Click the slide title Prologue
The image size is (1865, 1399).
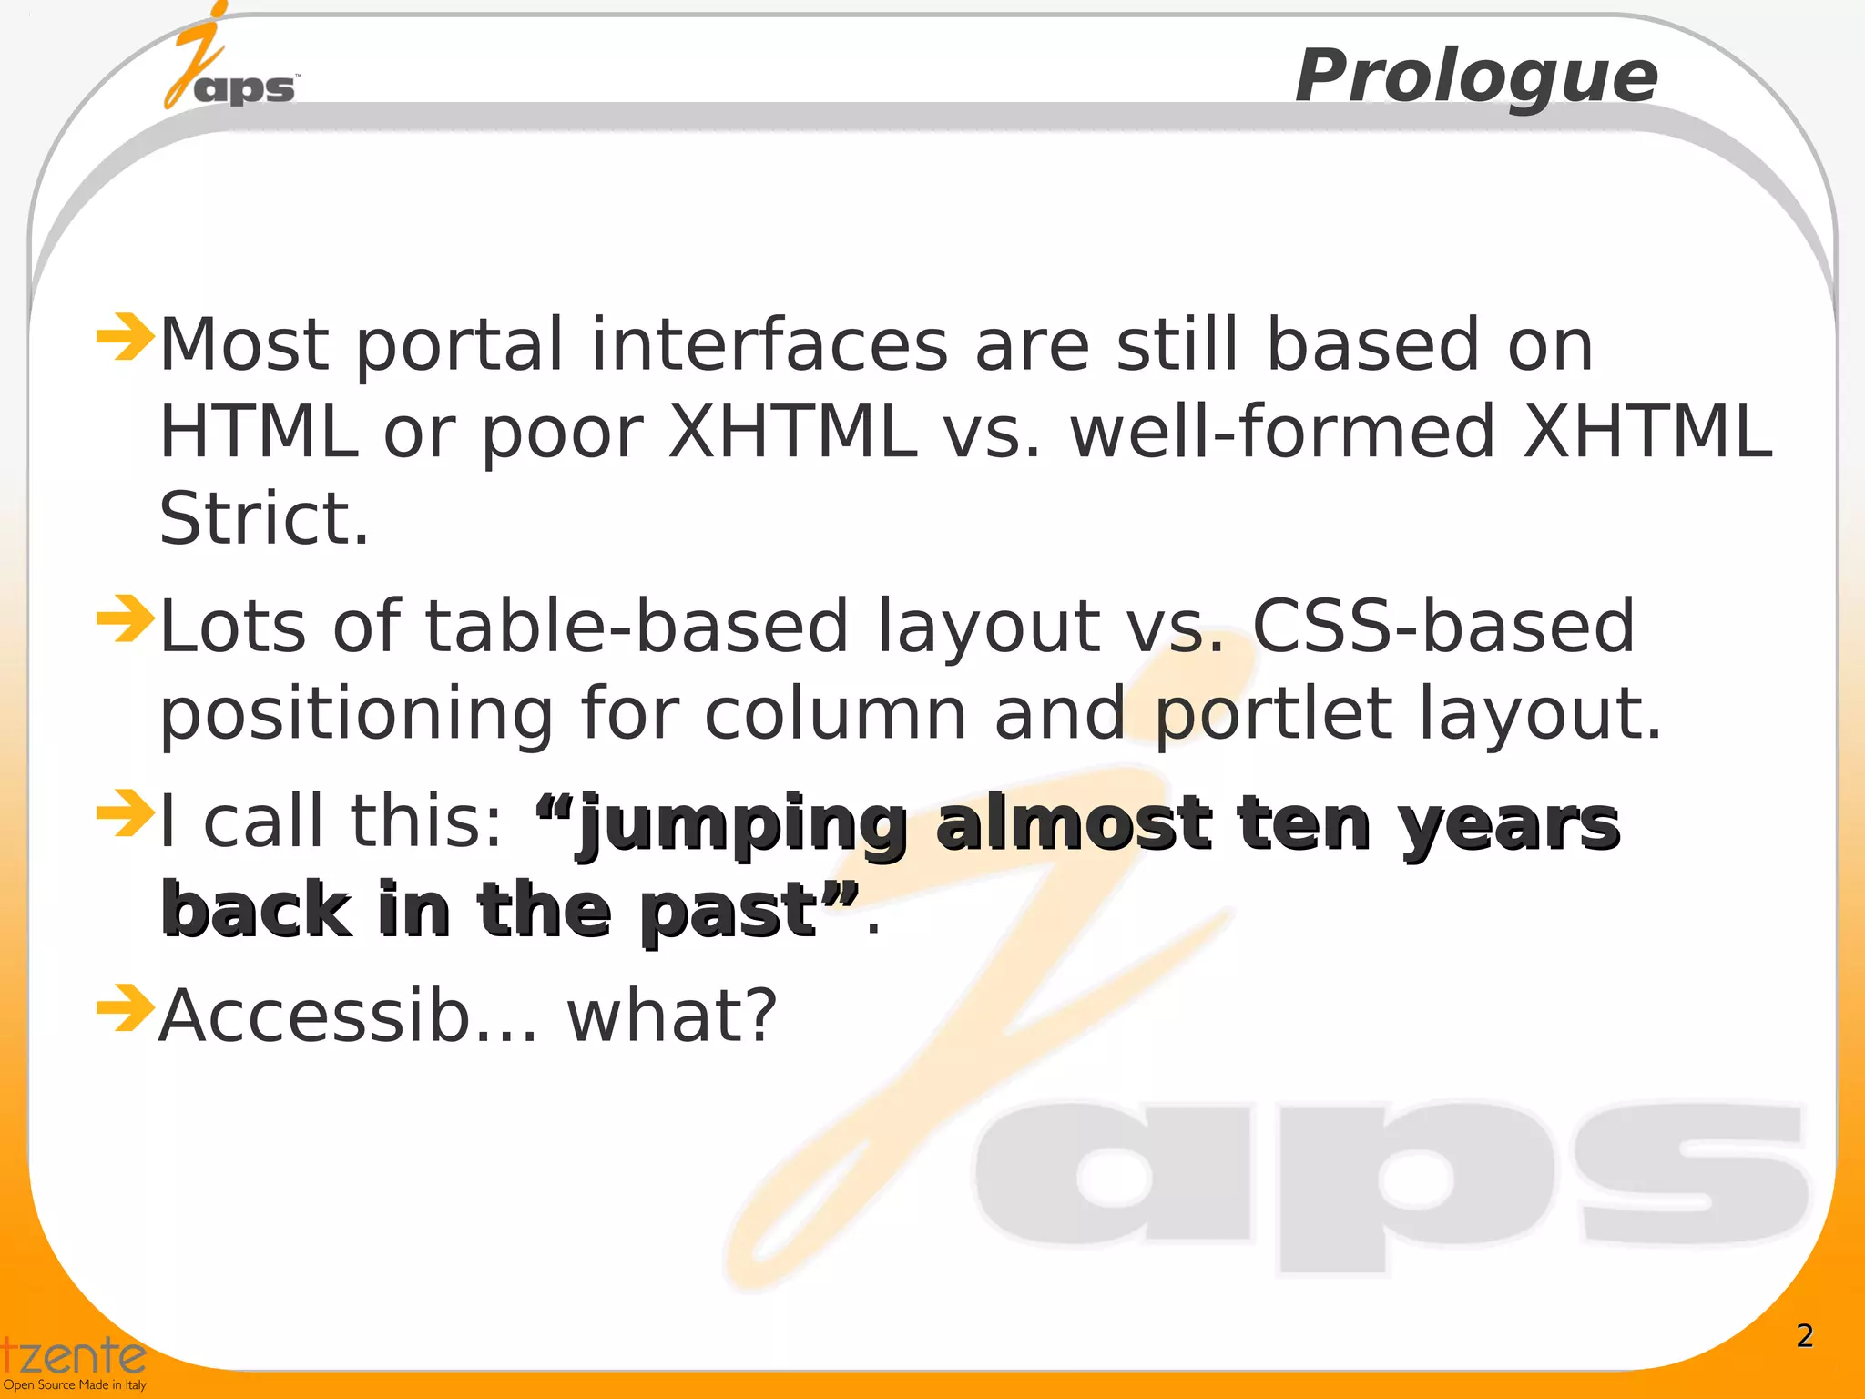coord(1476,77)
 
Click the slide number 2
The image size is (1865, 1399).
coord(1804,1335)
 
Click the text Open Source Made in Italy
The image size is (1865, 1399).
coord(75,1385)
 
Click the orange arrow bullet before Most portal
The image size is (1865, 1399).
coord(125,336)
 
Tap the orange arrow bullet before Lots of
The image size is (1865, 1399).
coord(125,618)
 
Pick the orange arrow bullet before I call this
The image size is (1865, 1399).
coord(125,812)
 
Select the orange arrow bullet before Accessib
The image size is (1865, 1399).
coord(125,1008)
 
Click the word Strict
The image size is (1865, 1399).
coord(264,518)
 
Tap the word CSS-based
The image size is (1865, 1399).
coord(1443,627)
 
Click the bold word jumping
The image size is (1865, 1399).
coord(742,824)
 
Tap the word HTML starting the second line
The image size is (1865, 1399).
coord(259,432)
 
